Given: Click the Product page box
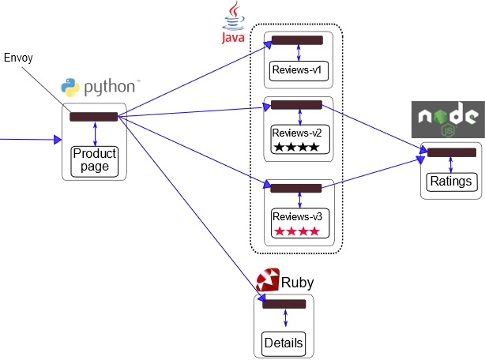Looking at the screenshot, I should [95, 160].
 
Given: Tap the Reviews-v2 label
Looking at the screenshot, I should [297, 132].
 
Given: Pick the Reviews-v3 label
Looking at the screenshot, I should [297, 216].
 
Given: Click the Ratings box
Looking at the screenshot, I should [450, 182].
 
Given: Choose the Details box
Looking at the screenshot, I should [283, 343].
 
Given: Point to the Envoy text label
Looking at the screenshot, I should [18, 58].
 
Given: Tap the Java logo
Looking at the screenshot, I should [233, 24].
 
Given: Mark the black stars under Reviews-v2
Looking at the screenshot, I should [297, 148].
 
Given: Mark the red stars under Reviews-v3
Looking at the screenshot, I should [297, 231].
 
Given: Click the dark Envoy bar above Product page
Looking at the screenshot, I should [93, 117].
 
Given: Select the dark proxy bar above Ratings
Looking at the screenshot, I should [451, 152].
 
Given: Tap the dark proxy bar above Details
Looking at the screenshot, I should [284, 304].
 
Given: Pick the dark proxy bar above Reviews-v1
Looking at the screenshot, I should [297, 40].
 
